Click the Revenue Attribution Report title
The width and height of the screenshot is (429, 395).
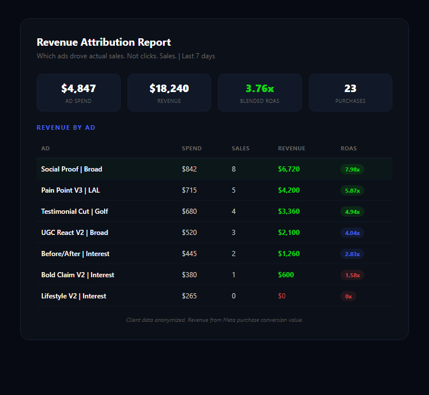click(104, 42)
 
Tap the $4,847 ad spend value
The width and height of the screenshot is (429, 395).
click(78, 89)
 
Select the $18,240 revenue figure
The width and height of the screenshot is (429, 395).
click(169, 89)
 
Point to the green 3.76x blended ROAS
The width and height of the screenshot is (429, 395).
click(260, 89)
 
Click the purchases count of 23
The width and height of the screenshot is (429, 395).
click(350, 89)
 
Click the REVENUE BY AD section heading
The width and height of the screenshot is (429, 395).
click(66, 127)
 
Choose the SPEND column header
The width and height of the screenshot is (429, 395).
click(192, 149)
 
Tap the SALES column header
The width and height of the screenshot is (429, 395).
click(240, 149)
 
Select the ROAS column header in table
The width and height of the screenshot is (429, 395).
click(348, 149)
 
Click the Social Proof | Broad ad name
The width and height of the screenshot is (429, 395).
click(71, 169)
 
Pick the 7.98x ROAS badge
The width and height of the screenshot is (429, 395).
click(352, 169)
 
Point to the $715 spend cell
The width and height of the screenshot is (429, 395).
click(189, 190)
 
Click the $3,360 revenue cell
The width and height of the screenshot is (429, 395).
click(289, 212)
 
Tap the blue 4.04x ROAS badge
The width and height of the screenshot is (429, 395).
click(352, 233)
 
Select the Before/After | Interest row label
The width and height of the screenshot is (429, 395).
click(75, 254)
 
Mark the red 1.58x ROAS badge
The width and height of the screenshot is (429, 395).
click(352, 275)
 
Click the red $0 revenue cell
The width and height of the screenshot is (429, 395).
click(282, 296)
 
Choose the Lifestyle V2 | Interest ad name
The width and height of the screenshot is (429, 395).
click(73, 296)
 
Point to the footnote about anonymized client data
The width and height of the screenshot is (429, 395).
click(214, 320)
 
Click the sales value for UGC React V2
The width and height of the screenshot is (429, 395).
click(233, 233)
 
